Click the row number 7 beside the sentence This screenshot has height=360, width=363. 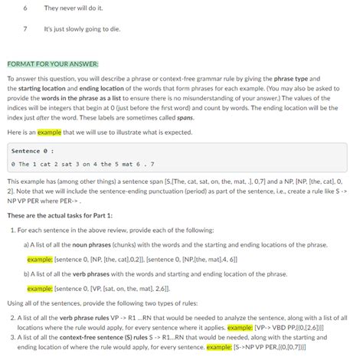click(x=25, y=29)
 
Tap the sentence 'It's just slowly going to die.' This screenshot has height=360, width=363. click(x=83, y=29)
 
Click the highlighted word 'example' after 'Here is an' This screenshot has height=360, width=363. click(x=51, y=132)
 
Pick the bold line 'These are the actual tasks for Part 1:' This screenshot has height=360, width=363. click(x=59, y=215)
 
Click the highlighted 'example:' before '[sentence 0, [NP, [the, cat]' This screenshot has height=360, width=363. click(x=39, y=260)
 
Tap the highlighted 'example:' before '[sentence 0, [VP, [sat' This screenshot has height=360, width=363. click(x=39, y=289)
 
